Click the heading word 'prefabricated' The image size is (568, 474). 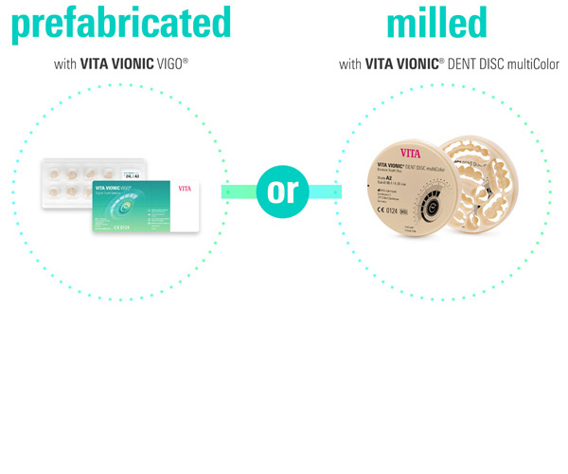(120, 21)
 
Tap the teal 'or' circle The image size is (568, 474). (283, 191)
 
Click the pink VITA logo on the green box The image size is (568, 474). (185, 189)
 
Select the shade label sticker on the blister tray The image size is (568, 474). (132, 174)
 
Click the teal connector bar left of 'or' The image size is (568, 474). (240, 191)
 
